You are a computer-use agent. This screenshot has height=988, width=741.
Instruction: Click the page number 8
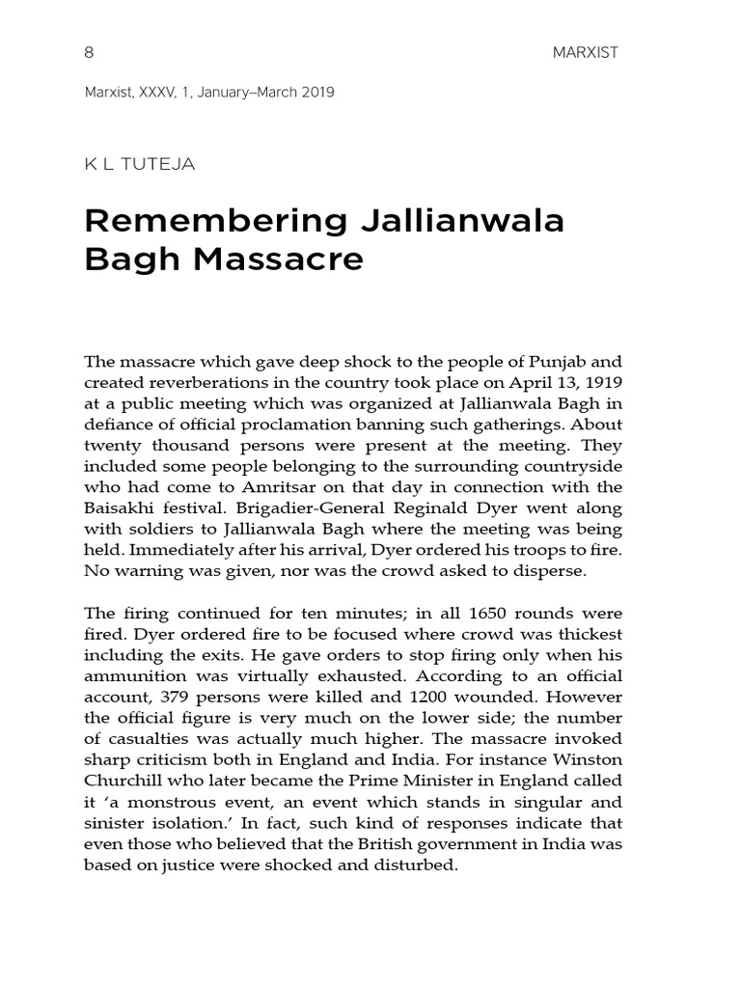click(90, 53)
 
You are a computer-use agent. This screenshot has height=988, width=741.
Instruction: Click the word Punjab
click(558, 362)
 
